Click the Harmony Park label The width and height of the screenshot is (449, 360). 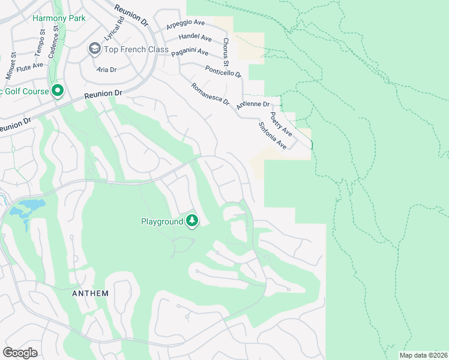point(59,18)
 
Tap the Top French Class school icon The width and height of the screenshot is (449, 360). point(95,48)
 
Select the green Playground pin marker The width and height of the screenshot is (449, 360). point(192,221)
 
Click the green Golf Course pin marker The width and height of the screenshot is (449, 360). point(58,91)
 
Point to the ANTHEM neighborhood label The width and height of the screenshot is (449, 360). point(90,293)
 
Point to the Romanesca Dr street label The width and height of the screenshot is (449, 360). point(210,94)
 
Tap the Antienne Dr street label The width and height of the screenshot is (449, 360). point(253,104)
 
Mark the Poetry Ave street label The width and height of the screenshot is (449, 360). point(280,124)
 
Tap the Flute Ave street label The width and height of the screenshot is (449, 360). point(30,65)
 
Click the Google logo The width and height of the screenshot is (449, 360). point(20,352)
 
